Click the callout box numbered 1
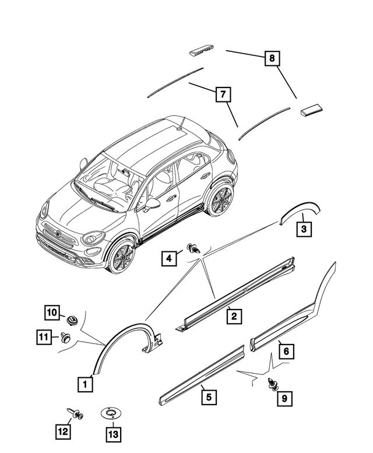coord(85,384)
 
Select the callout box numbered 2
coord(234,316)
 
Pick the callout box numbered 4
coord(170,257)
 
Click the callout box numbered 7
coord(222,93)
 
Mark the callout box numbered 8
coord(271,58)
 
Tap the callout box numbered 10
coord(52,312)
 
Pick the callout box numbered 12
coord(62,431)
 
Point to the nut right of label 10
coord(73,319)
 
